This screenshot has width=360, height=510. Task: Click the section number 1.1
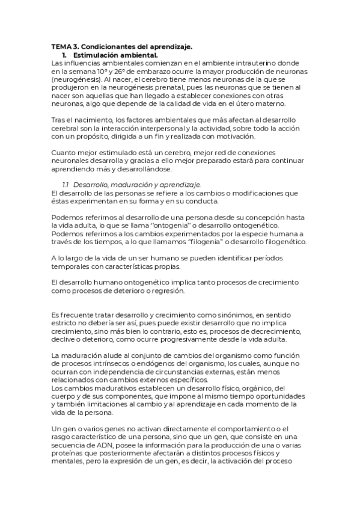(x=67, y=185)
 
